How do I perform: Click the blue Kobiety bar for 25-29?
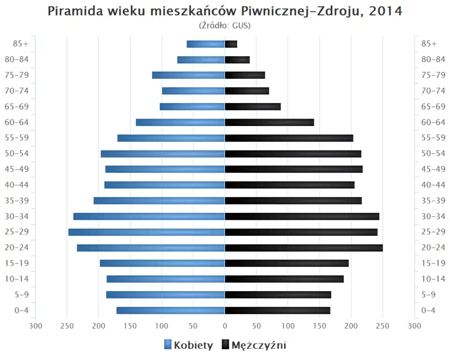click(x=146, y=232)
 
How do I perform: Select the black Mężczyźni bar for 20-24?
click(x=304, y=247)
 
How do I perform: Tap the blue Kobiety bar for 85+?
click(x=206, y=44)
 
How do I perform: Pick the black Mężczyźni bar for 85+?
click(x=231, y=44)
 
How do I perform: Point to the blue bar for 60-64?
click(x=180, y=122)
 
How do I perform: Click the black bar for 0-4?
click(x=277, y=310)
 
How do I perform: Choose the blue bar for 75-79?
click(x=188, y=75)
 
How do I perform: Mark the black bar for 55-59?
click(x=289, y=138)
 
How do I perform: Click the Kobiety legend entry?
click(x=188, y=345)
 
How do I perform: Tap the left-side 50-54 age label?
click(x=17, y=153)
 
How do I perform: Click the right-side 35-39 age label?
click(x=433, y=201)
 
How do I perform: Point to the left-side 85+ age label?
click(x=21, y=44)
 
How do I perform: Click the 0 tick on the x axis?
click(x=225, y=326)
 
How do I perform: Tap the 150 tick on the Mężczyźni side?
click(x=320, y=326)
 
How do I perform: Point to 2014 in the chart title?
click(x=385, y=11)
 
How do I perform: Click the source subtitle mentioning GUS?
click(x=225, y=25)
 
